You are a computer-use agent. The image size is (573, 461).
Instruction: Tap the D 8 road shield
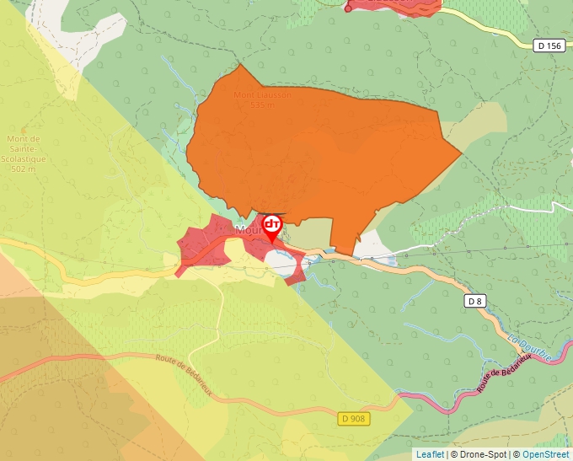click(475, 300)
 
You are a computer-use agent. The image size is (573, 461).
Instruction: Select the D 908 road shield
click(355, 419)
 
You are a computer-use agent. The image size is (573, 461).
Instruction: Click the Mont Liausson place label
click(262, 95)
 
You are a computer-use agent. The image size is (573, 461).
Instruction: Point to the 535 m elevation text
click(262, 105)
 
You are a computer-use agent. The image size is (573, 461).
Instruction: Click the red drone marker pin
click(272, 226)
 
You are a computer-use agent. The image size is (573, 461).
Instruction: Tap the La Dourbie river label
click(530, 348)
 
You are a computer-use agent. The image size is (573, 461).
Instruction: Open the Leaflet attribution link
click(429, 454)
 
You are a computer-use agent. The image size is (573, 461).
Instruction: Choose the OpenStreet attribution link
click(545, 454)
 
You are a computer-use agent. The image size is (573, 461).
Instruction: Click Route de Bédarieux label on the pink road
click(504, 372)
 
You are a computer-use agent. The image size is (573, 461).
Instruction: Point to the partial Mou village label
click(249, 229)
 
